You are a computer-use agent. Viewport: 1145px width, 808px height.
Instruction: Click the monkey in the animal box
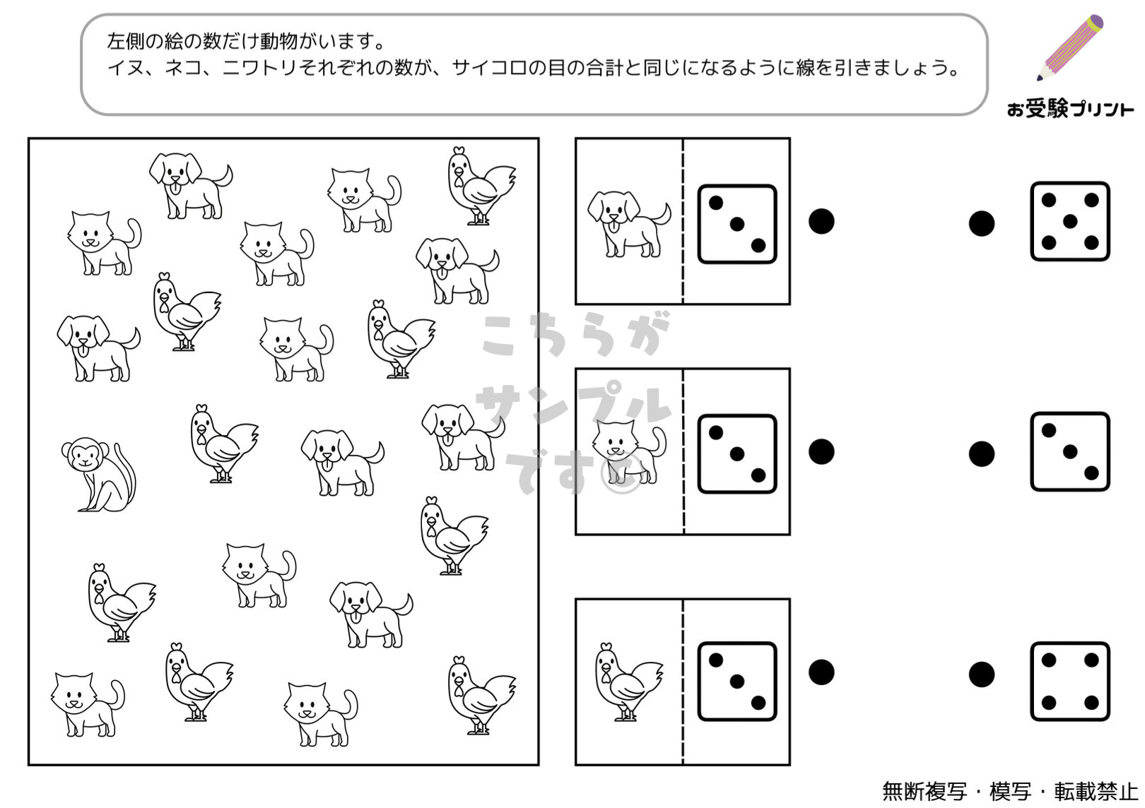(97, 475)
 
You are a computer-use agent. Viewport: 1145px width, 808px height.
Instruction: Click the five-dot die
(1070, 221)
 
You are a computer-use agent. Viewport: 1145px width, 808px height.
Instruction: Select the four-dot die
(1070, 682)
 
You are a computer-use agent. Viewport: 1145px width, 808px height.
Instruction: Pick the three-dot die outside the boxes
(1070, 451)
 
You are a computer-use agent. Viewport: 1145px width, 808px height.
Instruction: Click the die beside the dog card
(737, 224)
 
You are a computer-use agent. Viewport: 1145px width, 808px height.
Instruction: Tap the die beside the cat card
(737, 454)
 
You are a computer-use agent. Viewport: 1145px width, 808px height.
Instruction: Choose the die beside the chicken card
(737, 682)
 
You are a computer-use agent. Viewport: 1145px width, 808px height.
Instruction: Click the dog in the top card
(629, 224)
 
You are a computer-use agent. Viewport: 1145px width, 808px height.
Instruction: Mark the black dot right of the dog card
(821, 221)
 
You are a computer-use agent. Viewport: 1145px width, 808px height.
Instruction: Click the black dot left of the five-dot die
(982, 224)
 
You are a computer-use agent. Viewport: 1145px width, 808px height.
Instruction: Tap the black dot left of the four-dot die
(982, 675)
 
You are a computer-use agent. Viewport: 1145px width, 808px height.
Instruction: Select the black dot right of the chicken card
(821, 672)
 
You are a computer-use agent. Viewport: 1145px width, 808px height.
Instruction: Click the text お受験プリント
(1070, 109)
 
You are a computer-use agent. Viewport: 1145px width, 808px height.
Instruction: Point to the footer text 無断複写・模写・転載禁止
(1010, 792)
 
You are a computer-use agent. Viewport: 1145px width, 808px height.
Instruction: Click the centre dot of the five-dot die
(1070, 221)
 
